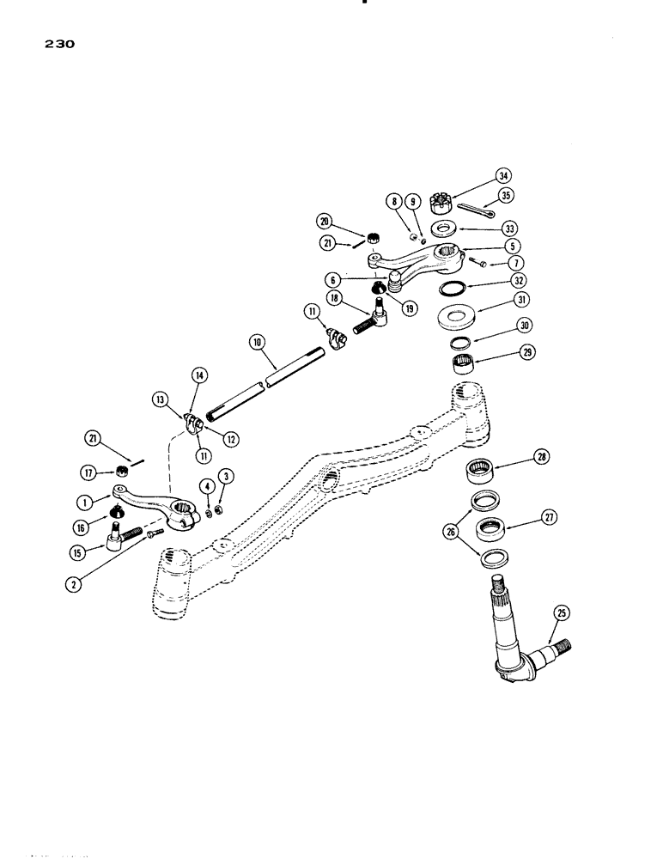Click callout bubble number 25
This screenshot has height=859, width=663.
(x=562, y=612)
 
